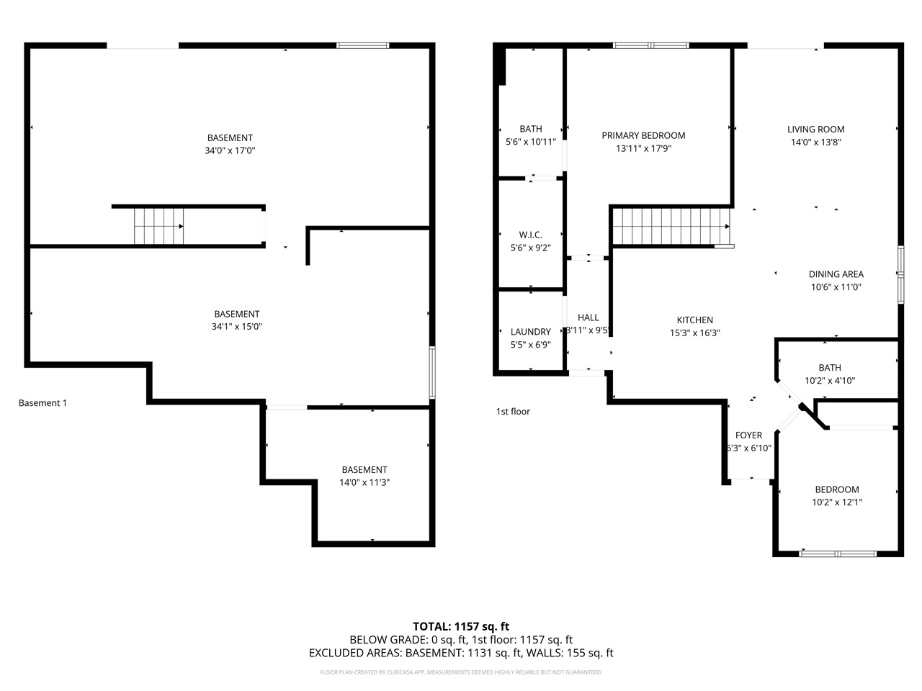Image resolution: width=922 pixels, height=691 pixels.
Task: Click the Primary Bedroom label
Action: tap(643, 135)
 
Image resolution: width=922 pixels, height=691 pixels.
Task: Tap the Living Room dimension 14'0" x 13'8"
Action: tap(816, 143)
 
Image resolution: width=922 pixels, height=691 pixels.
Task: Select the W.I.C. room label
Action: tap(531, 235)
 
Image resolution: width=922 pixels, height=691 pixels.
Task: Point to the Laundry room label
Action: tap(531, 332)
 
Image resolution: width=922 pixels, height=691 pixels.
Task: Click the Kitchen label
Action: tap(695, 320)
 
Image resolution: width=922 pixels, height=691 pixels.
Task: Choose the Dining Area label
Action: tap(836, 274)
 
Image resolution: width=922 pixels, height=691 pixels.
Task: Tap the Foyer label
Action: tap(749, 435)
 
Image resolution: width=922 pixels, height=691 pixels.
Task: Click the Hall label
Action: tap(588, 317)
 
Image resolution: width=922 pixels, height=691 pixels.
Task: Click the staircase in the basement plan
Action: tap(158, 226)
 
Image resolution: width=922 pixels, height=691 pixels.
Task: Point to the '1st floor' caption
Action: tap(513, 412)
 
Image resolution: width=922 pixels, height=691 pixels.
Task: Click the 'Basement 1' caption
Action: tap(42, 403)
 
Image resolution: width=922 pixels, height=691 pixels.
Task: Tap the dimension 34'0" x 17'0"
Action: tap(230, 151)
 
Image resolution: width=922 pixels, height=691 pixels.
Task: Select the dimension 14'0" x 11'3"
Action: tap(364, 483)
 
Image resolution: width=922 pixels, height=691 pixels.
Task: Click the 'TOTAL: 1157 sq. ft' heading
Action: tap(461, 626)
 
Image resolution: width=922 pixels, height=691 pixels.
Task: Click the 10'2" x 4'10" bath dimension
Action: tap(830, 381)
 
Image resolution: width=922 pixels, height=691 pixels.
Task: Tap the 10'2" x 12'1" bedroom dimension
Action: tap(837, 502)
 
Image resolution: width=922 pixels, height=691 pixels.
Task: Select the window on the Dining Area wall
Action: tap(900, 274)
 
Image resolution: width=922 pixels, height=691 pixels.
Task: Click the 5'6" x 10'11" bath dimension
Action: tap(531, 143)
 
